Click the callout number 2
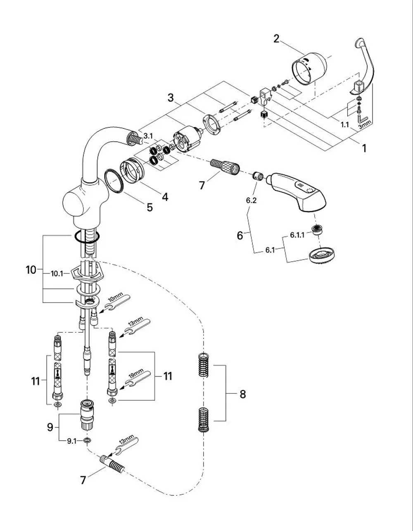(276, 39)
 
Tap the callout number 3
(171, 98)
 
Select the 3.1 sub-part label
(148, 136)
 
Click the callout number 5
(150, 207)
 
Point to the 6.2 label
(252, 201)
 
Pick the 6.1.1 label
(297, 235)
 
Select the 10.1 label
(57, 274)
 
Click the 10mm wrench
(118, 303)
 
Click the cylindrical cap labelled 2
(309, 69)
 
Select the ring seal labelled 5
(114, 181)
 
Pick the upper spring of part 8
(204, 365)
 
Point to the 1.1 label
(345, 125)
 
